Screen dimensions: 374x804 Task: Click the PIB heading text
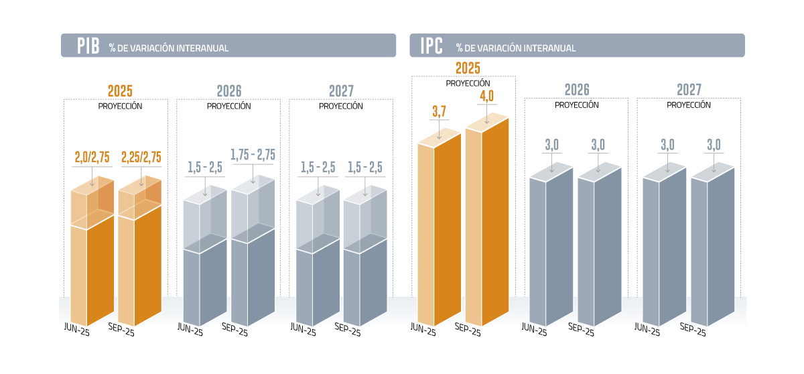click(x=87, y=46)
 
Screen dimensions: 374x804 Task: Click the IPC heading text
click(x=431, y=46)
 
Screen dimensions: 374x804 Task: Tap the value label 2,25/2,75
click(x=141, y=158)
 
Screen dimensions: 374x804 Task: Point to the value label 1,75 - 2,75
click(x=253, y=155)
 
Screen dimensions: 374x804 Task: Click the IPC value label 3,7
click(x=440, y=112)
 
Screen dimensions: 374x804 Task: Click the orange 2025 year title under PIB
click(x=120, y=91)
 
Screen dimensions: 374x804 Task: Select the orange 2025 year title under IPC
click(x=468, y=68)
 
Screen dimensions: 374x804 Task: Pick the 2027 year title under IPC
click(x=689, y=90)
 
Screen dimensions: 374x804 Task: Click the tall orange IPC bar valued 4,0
click(x=486, y=228)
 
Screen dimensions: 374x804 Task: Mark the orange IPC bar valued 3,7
click(x=440, y=235)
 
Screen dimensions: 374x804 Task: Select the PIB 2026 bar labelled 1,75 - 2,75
click(x=253, y=268)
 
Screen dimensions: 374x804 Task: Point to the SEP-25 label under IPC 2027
click(x=693, y=330)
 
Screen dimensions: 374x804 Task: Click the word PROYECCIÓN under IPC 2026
click(x=576, y=105)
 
